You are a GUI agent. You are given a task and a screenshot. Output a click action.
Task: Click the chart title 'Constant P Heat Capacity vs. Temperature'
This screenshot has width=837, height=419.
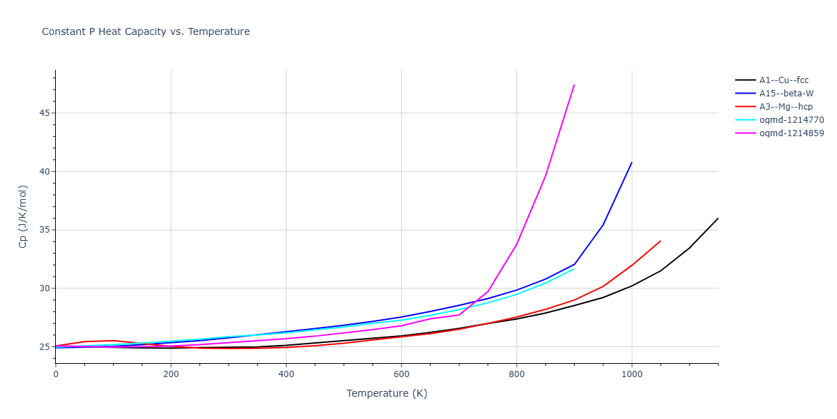(146, 31)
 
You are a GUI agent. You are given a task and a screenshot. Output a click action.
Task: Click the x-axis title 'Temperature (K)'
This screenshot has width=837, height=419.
(386, 393)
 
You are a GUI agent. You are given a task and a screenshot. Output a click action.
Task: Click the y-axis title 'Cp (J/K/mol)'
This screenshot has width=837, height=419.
(23, 216)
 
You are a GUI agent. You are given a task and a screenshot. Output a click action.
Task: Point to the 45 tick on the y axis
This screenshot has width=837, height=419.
(45, 113)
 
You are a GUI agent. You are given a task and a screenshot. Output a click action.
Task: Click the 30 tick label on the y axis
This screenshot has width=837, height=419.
(45, 288)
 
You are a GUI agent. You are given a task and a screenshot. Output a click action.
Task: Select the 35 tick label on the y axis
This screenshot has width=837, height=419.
(45, 230)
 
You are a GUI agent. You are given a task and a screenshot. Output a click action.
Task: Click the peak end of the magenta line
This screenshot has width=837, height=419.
(574, 84)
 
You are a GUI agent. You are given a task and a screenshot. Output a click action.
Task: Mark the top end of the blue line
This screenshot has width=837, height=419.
(632, 162)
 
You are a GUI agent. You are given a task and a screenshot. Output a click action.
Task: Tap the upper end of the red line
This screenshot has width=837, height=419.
(661, 241)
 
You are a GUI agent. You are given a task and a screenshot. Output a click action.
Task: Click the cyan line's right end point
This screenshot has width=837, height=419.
(574, 268)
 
